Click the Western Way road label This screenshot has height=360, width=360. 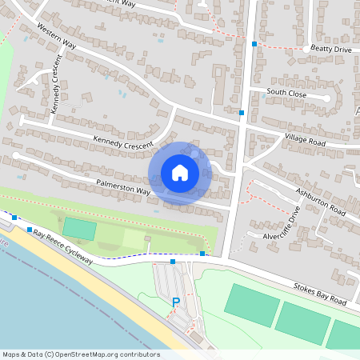coord(55,42)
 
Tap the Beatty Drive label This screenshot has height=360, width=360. coord(331,50)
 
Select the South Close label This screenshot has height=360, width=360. coord(286,92)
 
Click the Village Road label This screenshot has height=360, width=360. coord(305,140)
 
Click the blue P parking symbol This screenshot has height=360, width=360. coord(176,302)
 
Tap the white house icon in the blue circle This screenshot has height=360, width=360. coord(180,172)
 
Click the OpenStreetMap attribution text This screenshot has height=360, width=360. coord(81,354)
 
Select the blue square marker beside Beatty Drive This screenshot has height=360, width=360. coord(254,44)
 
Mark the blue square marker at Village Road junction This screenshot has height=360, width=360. coord(242,113)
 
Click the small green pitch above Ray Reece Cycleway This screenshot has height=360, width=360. coord(78,228)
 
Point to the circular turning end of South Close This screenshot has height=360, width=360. coord(326,98)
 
